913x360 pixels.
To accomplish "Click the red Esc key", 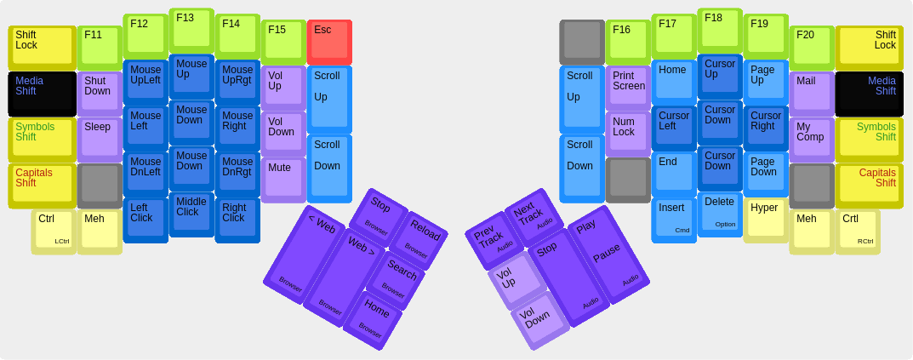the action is [x=329, y=42].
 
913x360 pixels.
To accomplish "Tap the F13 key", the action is [x=191, y=31].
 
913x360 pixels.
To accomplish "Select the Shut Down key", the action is [x=100, y=94].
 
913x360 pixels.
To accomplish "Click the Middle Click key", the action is [x=191, y=214].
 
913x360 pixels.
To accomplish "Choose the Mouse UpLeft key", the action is [x=146, y=83].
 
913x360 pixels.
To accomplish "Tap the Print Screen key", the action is [x=628, y=88].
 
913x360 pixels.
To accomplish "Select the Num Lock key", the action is [x=628, y=134].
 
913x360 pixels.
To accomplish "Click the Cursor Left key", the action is [x=674, y=129].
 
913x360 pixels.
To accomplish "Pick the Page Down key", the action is [x=767, y=174].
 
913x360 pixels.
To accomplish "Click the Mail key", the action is [x=813, y=94].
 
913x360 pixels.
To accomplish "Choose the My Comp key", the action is [x=813, y=140].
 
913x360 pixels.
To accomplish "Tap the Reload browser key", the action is [x=419, y=240].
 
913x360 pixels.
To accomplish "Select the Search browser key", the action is [x=396, y=280].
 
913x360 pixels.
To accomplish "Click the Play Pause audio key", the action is [x=608, y=254].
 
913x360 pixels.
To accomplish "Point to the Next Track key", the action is [x=534, y=217].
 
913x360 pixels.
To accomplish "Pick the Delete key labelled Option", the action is [x=720, y=214].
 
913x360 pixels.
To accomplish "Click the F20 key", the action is [x=813, y=48].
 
